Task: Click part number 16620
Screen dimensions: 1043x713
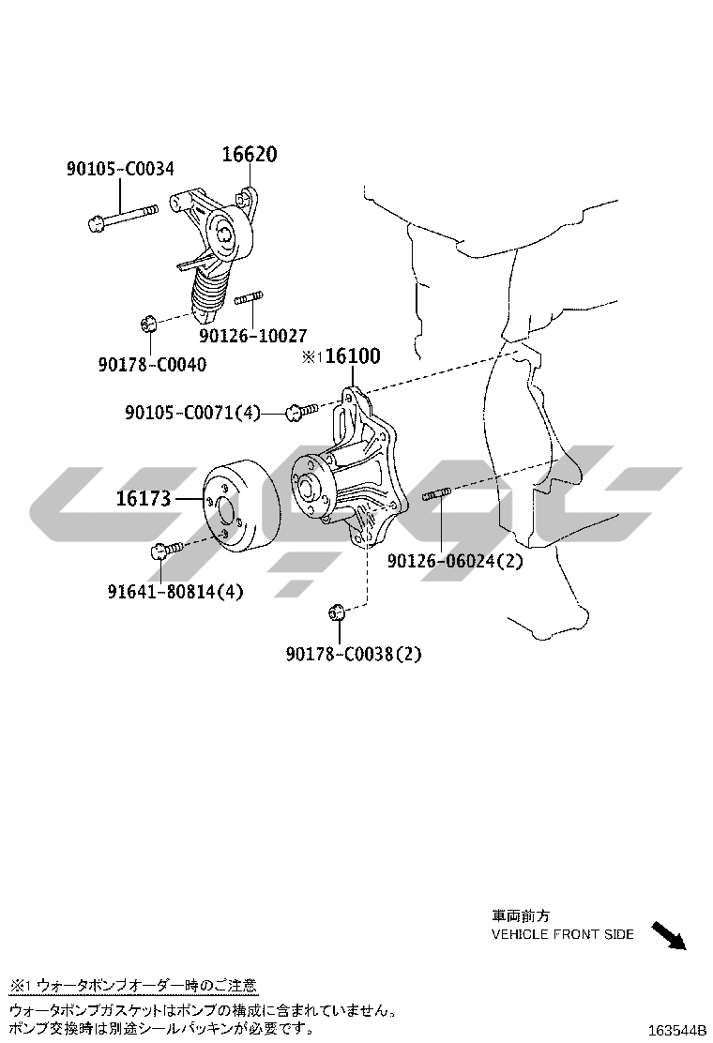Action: [249, 155]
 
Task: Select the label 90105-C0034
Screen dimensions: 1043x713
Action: [119, 170]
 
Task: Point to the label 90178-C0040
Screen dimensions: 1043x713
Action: [151, 364]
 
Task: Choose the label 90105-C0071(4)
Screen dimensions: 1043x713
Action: [192, 412]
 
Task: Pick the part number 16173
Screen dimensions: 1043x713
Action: [144, 499]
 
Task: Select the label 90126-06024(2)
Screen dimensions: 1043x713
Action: [455, 561]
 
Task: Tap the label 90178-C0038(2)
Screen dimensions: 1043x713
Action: [354, 654]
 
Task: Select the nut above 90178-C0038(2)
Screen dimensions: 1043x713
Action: [338, 613]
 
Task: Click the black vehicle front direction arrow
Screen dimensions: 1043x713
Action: [668, 935]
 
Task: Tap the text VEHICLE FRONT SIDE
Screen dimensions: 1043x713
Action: [563, 934]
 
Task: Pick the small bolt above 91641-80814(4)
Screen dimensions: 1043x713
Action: [162, 549]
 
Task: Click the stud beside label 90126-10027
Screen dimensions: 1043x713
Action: [248, 299]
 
